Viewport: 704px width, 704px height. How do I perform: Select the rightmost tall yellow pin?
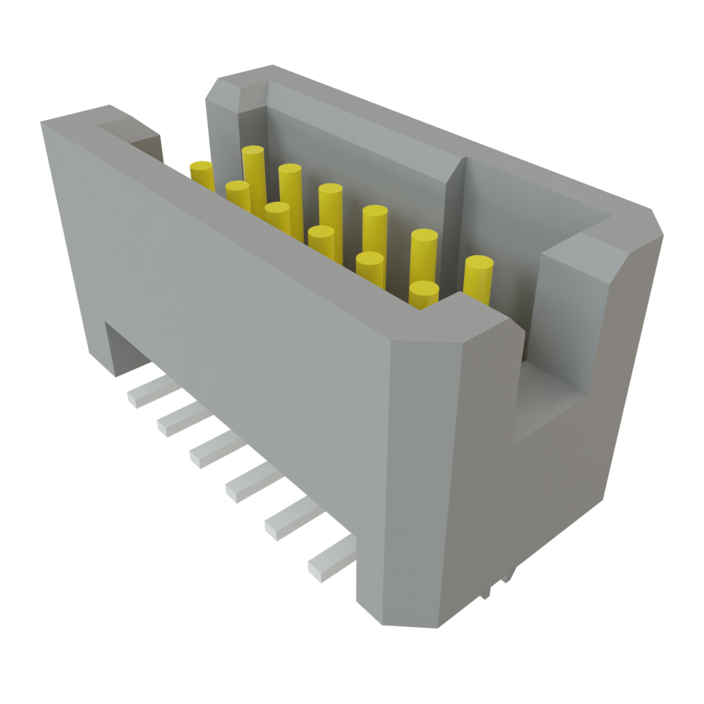tap(478, 278)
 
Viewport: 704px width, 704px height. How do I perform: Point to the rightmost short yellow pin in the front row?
tap(424, 294)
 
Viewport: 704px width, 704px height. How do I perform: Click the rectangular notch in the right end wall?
tap(550, 399)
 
